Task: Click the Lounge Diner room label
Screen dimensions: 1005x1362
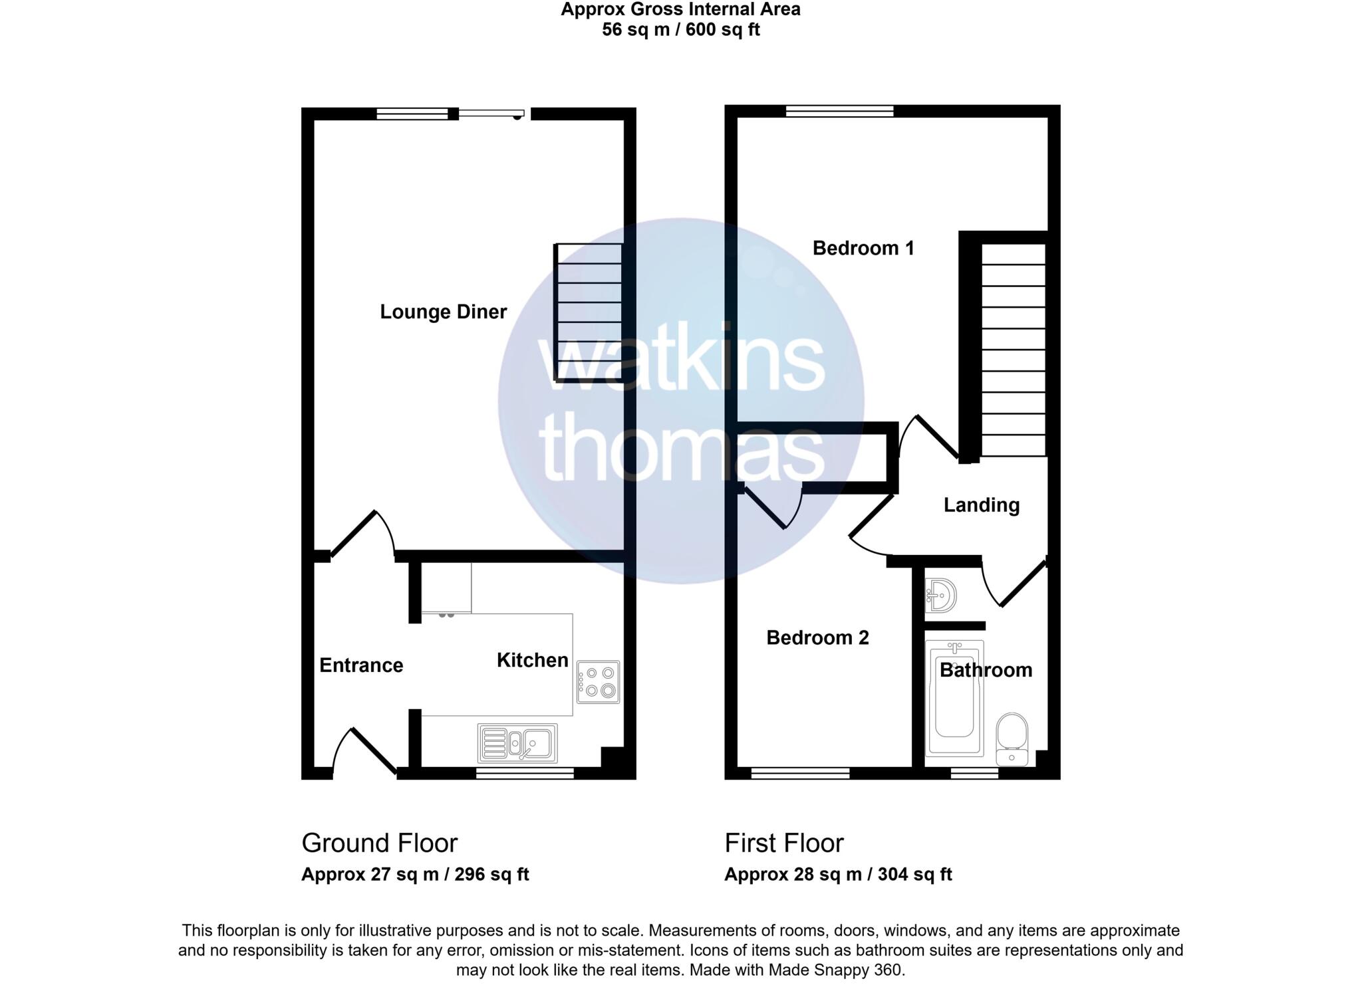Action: (443, 312)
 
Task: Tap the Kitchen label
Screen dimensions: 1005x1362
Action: (532, 660)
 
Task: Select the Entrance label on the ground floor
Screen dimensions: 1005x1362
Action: (361, 665)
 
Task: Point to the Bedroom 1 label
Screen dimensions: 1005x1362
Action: (863, 248)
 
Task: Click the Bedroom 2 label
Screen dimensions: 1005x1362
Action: (817, 637)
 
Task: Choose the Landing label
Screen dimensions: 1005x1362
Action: (981, 505)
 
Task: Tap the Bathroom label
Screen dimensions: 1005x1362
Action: (986, 670)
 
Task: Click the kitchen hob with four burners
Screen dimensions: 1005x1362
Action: (598, 682)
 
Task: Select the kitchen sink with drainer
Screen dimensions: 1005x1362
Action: (517, 743)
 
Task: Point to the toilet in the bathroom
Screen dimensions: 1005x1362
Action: (1012, 738)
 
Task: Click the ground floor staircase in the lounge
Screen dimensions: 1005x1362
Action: (589, 312)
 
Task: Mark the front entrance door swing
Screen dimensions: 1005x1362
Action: (364, 754)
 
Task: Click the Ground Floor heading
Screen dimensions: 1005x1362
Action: (379, 843)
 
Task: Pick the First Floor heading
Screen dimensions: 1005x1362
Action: (783, 843)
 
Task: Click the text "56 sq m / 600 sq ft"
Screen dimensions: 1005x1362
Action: (680, 30)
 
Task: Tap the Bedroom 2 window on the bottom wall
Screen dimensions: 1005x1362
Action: (800, 773)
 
